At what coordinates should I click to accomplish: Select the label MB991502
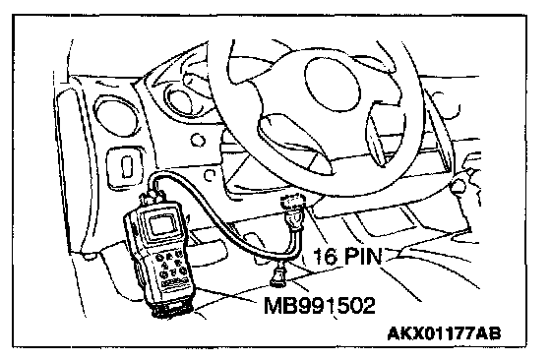320,306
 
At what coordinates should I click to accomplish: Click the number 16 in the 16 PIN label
325,257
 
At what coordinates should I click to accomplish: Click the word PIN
363,256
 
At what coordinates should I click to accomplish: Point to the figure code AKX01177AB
444,333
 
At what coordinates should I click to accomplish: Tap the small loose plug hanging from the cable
277,275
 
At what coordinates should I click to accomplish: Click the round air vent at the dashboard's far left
116,118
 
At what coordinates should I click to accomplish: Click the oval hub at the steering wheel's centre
333,84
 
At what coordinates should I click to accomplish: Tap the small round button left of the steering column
198,140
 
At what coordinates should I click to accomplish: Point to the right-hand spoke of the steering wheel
378,135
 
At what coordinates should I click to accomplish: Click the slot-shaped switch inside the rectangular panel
126,167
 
